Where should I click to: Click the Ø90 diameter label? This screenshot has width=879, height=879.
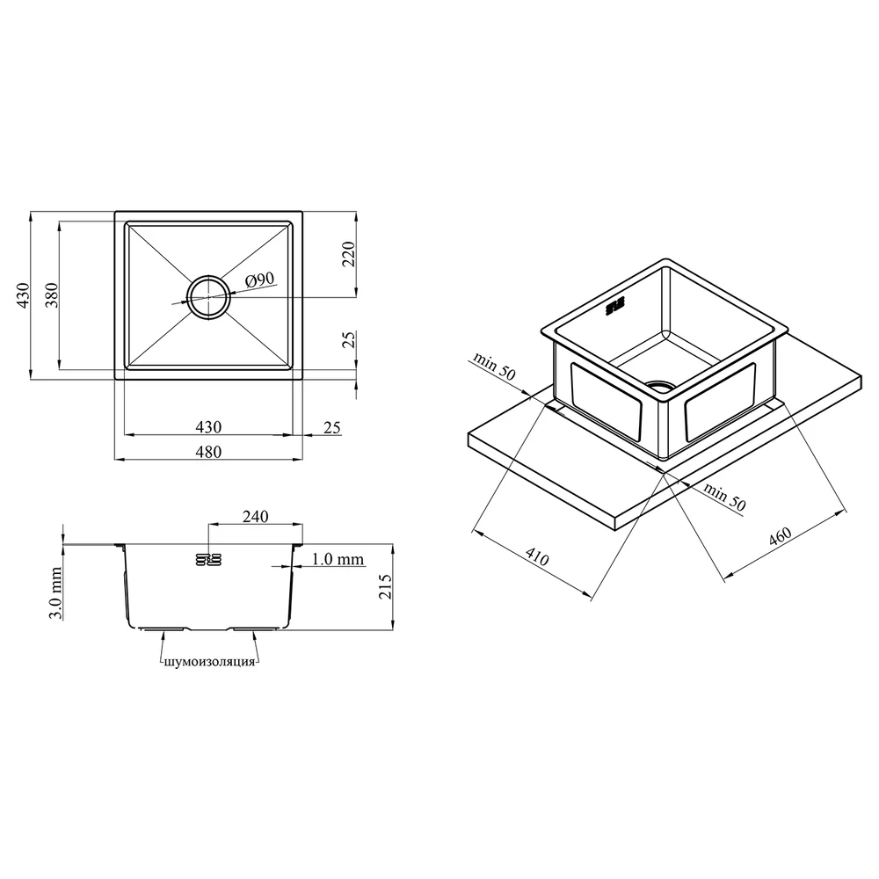(259, 280)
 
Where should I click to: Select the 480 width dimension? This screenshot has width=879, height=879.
(208, 452)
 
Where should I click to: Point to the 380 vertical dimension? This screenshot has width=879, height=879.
(52, 295)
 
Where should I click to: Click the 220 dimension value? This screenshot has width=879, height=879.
(349, 254)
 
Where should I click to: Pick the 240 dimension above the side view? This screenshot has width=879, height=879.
(255, 516)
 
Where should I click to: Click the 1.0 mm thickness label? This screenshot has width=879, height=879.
(338, 559)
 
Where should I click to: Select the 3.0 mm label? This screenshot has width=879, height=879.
(54, 593)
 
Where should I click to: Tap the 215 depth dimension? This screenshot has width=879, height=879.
(386, 587)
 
